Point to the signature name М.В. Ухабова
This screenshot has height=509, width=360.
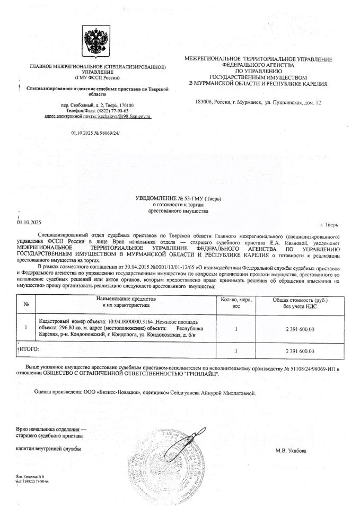tap(291, 451)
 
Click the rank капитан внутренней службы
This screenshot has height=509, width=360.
tap(48, 449)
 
